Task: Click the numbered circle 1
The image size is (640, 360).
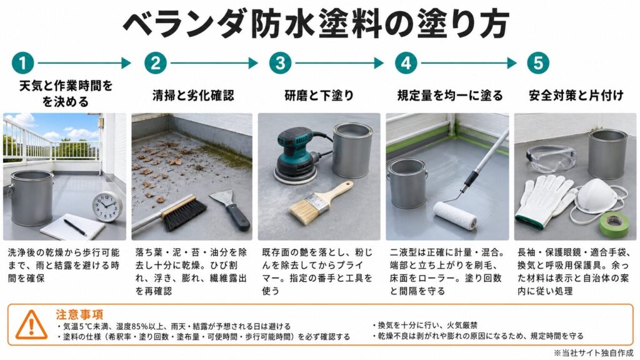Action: tap(23, 63)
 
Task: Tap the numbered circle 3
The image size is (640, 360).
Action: tap(280, 63)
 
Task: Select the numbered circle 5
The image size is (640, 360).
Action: tap(538, 63)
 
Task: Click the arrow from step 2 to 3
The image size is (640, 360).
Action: tap(214, 63)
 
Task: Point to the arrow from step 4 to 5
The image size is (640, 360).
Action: tap(469, 63)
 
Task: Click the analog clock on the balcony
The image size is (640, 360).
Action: tap(107, 206)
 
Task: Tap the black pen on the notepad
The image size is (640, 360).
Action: tap(75, 226)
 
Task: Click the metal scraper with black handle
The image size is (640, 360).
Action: tap(231, 210)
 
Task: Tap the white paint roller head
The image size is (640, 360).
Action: tap(455, 215)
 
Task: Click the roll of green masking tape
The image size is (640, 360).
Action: tap(614, 224)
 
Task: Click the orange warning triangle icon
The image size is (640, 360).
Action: tap(31, 324)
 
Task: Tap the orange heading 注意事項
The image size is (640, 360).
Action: tap(79, 314)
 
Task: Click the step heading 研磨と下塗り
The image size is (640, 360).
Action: tap(319, 96)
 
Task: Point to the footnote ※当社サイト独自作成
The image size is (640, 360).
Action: tap(594, 353)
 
